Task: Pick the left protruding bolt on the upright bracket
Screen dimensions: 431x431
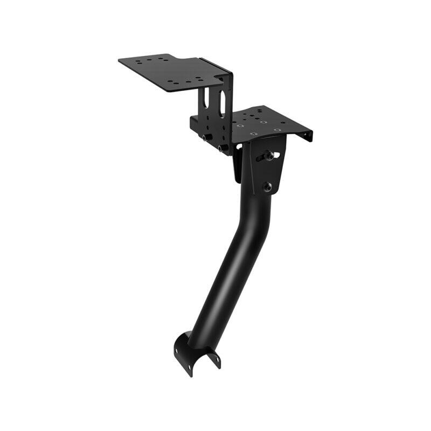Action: pyautogui.click(x=206, y=138)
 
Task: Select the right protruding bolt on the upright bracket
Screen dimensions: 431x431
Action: pyautogui.click(x=221, y=147)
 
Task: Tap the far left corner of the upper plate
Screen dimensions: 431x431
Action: pyautogui.click(x=120, y=60)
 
